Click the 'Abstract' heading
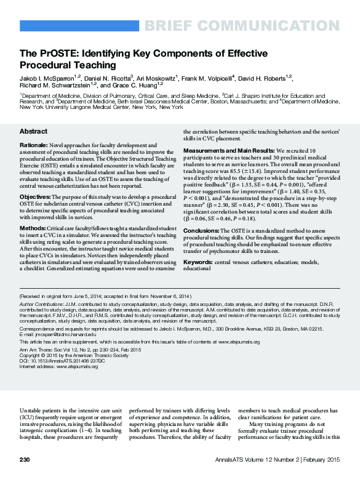[33, 132]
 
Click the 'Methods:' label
[33, 227]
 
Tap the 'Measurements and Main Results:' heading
[227, 150]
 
